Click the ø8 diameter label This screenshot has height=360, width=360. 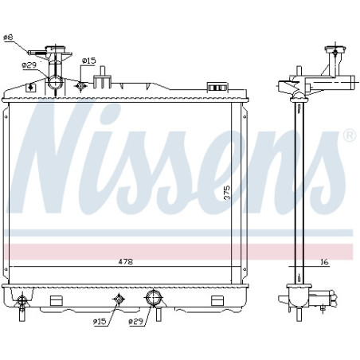(9, 37)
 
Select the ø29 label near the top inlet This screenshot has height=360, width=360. (29, 65)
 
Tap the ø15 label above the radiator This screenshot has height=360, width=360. (88, 61)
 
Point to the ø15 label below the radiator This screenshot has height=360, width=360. (100, 322)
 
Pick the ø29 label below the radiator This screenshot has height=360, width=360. (136, 322)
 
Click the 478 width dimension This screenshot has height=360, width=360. (126, 262)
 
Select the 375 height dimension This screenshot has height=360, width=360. (227, 193)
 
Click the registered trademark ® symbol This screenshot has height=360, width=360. (350, 135)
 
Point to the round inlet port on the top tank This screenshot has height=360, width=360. (55, 82)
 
